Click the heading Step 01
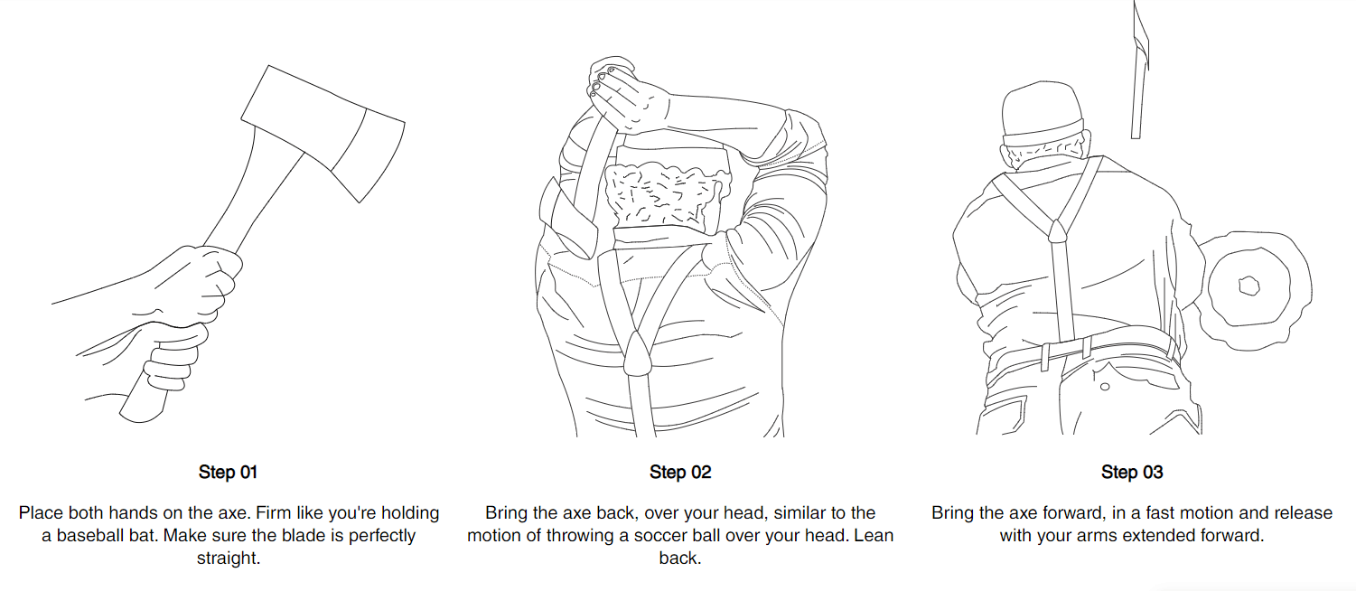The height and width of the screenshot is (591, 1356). click(x=228, y=472)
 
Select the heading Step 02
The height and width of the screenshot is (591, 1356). click(x=679, y=472)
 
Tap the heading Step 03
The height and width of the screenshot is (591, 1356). click(x=1131, y=472)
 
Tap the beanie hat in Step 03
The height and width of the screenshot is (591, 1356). click(x=1041, y=113)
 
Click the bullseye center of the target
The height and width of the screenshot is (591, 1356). click(x=1248, y=286)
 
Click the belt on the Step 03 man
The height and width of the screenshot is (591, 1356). click(x=1084, y=349)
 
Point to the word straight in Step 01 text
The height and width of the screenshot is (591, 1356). click(x=228, y=558)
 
